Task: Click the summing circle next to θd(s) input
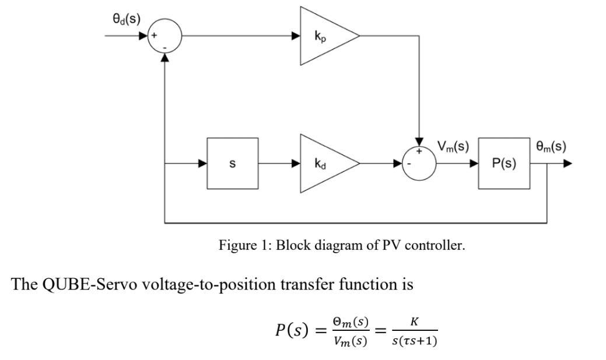click(x=166, y=36)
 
